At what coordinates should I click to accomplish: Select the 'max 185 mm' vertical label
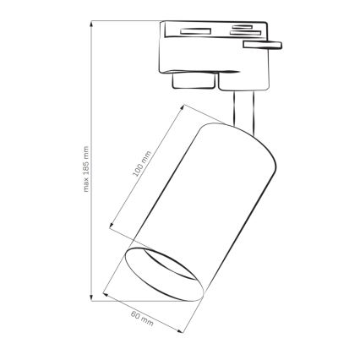coord(85,182)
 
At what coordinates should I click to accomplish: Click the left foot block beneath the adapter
coord(192,81)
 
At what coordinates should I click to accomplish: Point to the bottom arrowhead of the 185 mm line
coord(91,298)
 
